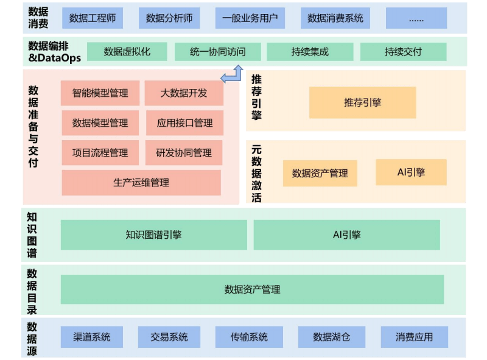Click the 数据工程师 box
click(93, 18)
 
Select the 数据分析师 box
click(169, 18)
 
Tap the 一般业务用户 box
click(250, 18)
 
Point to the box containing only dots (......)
click(416, 18)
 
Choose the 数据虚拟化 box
click(127, 52)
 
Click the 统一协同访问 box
click(217, 52)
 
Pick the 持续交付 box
click(403, 52)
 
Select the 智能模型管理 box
click(100, 93)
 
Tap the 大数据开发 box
click(184, 93)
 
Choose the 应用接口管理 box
click(184, 123)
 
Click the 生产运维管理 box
click(141, 183)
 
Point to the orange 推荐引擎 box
click(362, 102)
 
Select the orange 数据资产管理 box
click(320, 173)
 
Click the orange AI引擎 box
click(411, 172)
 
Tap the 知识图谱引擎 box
click(153, 235)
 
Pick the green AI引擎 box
click(346, 235)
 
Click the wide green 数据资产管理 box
click(252, 289)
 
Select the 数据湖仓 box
click(331, 337)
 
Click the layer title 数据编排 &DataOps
click(54, 52)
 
